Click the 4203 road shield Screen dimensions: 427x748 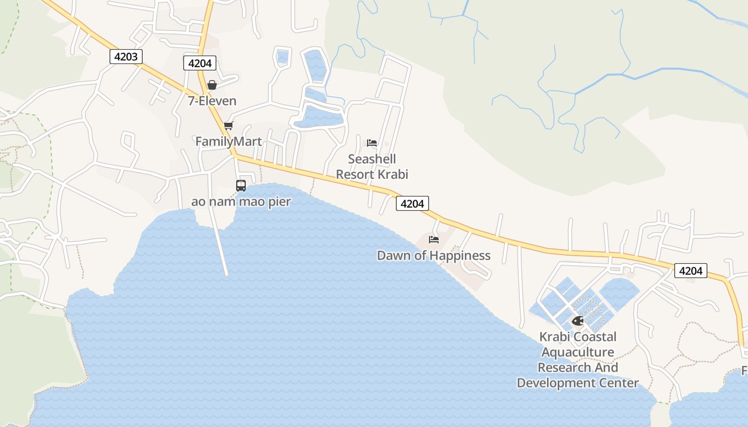(126, 56)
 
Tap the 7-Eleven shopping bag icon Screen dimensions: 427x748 (212, 85)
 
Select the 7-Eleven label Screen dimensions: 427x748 (212, 101)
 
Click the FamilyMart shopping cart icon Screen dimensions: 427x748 (229, 125)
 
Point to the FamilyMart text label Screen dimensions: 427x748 (229, 141)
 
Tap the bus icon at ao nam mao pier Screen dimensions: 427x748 (241, 186)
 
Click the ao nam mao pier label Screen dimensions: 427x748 (241, 202)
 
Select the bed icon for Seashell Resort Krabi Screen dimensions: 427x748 (372, 143)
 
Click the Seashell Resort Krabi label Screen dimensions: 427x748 (372, 167)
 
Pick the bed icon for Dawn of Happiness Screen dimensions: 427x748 (434, 239)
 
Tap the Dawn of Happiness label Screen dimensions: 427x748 (434, 256)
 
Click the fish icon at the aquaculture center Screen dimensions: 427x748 (578, 321)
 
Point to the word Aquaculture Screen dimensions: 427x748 (578, 352)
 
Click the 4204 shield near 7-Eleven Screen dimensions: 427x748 (200, 63)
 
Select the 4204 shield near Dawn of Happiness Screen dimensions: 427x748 (412, 203)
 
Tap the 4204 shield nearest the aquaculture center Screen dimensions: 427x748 (690, 271)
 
